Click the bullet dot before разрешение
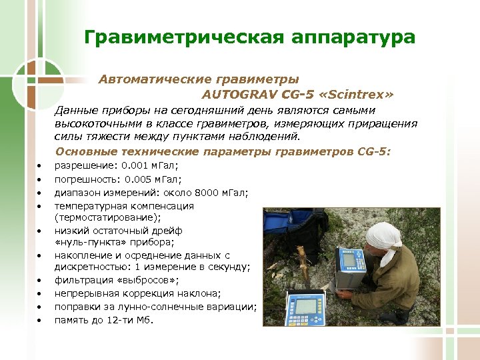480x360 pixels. tap(40, 166)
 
